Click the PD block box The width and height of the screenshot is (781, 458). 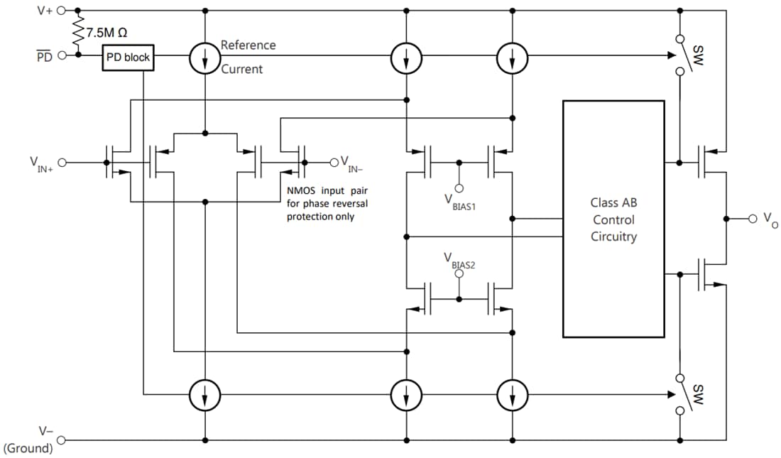128,57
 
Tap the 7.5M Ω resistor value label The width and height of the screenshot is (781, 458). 106,33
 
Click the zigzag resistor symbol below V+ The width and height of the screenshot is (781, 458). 77,32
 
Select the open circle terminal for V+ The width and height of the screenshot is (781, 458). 61,11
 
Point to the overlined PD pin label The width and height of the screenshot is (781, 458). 45,56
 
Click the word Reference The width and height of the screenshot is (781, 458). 248,45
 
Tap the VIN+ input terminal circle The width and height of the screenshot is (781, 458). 62,163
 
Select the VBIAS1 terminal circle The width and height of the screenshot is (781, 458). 459,188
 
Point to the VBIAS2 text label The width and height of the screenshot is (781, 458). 459,260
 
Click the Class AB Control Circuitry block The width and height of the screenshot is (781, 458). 613,219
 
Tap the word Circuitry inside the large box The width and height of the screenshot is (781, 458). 613,236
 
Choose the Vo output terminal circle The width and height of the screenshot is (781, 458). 753,218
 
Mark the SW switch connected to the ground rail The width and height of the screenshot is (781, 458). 680,394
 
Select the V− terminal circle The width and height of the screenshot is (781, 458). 61,440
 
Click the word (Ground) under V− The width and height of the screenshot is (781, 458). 28,448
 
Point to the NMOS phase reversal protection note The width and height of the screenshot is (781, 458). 327,204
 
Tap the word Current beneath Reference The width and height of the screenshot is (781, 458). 241,69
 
